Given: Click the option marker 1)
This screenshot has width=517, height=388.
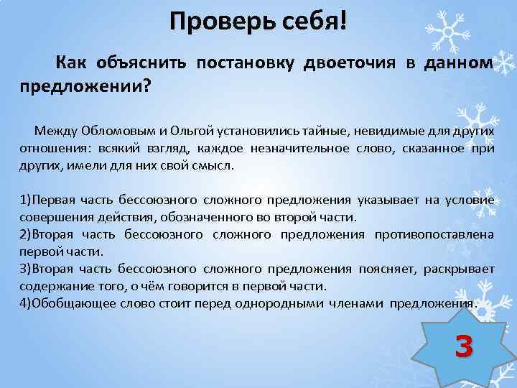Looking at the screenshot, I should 28,200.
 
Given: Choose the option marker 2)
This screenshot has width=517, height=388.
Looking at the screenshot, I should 28,234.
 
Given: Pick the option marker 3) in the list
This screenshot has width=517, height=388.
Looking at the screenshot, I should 28,269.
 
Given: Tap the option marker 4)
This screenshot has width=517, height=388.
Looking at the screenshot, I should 28,303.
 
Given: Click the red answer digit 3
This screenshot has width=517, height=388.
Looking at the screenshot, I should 464,347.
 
